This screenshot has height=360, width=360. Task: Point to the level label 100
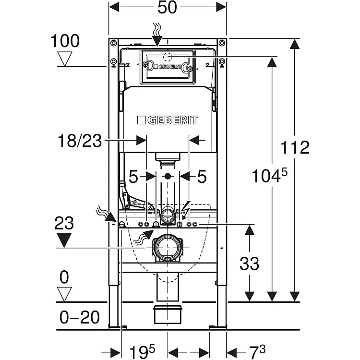click(x=65, y=41)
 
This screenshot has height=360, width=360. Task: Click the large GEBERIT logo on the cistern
click(x=167, y=120)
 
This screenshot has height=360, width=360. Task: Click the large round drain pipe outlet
click(x=168, y=247)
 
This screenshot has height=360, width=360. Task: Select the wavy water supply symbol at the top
click(x=158, y=32)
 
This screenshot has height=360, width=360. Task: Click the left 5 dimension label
click(x=133, y=177)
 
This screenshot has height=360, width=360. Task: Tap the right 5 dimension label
click(x=201, y=177)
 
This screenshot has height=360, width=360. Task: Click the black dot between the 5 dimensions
click(x=168, y=177)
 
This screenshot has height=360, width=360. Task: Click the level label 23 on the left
click(x=63, y=223)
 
